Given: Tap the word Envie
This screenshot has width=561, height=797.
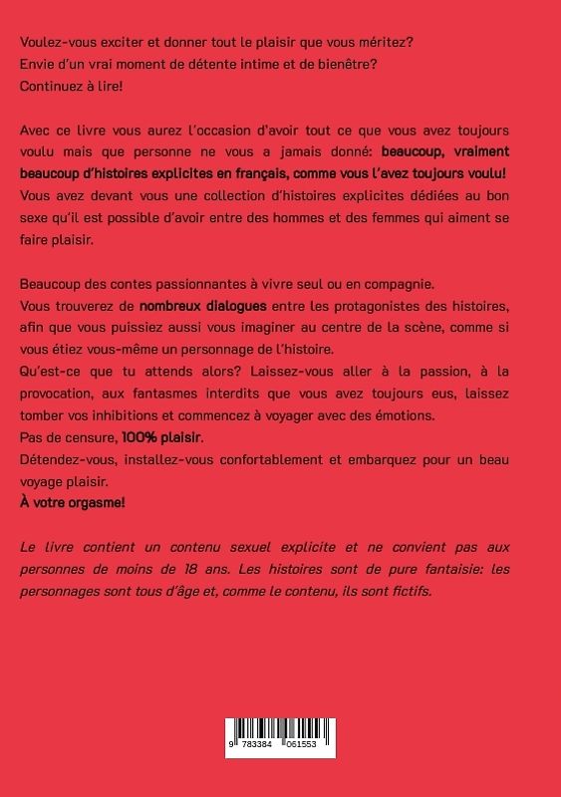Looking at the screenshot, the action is coord(39,65).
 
